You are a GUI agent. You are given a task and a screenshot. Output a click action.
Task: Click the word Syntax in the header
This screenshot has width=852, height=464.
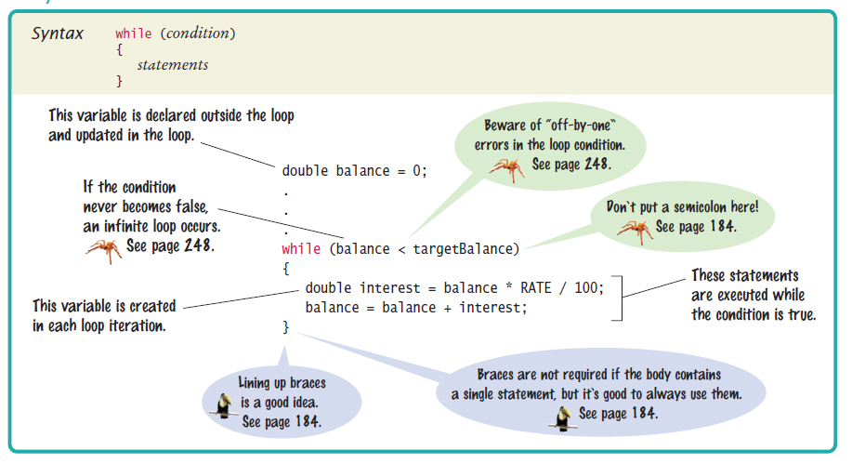click(x=58, y=33)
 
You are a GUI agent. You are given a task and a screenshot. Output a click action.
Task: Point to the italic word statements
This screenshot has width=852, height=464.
click(x=172, y=65)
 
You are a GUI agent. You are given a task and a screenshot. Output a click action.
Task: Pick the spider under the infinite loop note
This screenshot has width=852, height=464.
click(x=103, y=248)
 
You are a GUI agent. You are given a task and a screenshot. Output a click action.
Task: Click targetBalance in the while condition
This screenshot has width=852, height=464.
click(x=465, y=248)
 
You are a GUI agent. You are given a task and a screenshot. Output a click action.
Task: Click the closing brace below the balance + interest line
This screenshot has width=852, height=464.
click(x=286, y=327)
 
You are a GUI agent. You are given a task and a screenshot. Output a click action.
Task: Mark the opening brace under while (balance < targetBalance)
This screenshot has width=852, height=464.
click(x=286, y=268)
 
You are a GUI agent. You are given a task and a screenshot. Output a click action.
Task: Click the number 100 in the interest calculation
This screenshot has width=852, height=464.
click(x=586, y=287)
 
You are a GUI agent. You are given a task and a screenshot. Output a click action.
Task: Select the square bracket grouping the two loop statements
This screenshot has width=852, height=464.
click(x=617, y=297)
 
